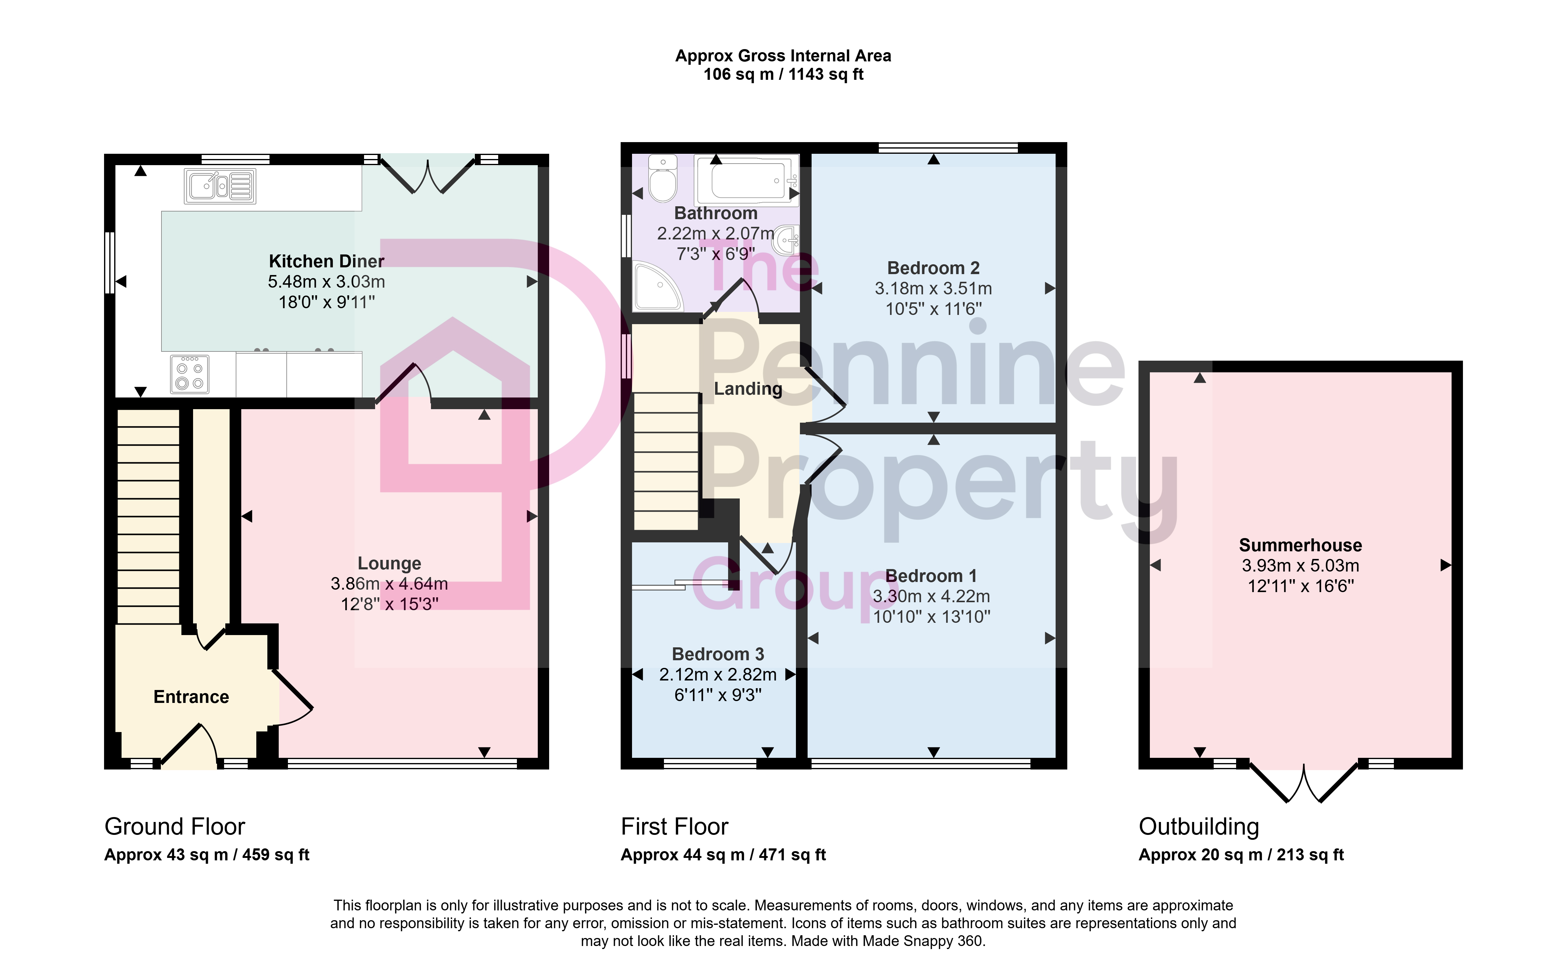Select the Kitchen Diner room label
click(x=326, y=261)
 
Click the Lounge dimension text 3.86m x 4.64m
click(x=389, y=584)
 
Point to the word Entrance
click(x=191, y=697)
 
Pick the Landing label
click(x=748, y=389)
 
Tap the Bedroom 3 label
click(x=718, y=654)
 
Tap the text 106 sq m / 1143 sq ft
click(x=783, y=75)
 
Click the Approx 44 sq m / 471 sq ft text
click(x=723, y=855)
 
